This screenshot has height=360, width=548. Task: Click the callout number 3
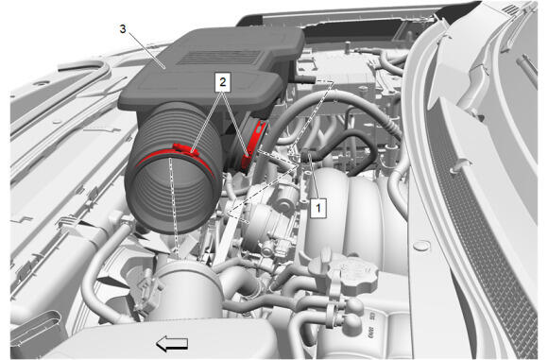[122, 29]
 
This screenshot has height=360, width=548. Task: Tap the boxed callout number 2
[223, 82]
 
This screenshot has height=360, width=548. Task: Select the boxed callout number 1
[318, 208]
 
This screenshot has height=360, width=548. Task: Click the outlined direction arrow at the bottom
[172, 344]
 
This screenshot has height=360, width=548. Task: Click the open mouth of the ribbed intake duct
[173, 194]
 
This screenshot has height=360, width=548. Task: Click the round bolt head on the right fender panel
[420, 246]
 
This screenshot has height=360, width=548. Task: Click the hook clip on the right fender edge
[461, 165]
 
